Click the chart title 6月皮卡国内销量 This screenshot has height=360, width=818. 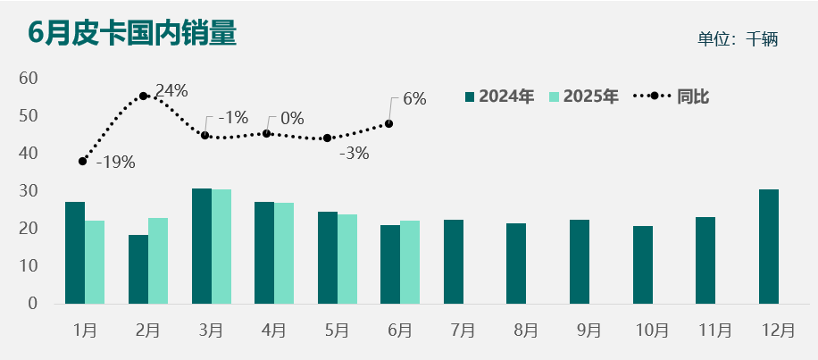pos(132,33)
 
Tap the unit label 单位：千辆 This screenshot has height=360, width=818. pos(739,39)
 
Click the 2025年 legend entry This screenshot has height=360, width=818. pos(583,96)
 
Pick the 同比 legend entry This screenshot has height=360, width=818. pos(672,96)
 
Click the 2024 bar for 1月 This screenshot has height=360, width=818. pos(75,253)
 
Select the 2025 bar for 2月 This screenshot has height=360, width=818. pos(158,261)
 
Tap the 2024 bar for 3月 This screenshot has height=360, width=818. pos(202,247)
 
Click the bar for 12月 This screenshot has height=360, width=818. pos(769,247)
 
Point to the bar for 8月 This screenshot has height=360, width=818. pos(516,264)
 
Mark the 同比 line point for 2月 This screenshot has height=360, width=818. pos(144,96)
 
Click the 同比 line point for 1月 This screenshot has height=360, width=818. pos(83,162)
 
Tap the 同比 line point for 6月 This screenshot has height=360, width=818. pos(389,123)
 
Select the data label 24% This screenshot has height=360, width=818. pos(171,90)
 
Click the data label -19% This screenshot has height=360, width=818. pos(115,163)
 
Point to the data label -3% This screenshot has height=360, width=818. pos(354,153)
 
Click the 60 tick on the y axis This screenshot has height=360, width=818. pos(29,79)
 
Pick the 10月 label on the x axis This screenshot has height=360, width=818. pos(651,330)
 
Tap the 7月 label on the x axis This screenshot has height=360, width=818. pos(463,330)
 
